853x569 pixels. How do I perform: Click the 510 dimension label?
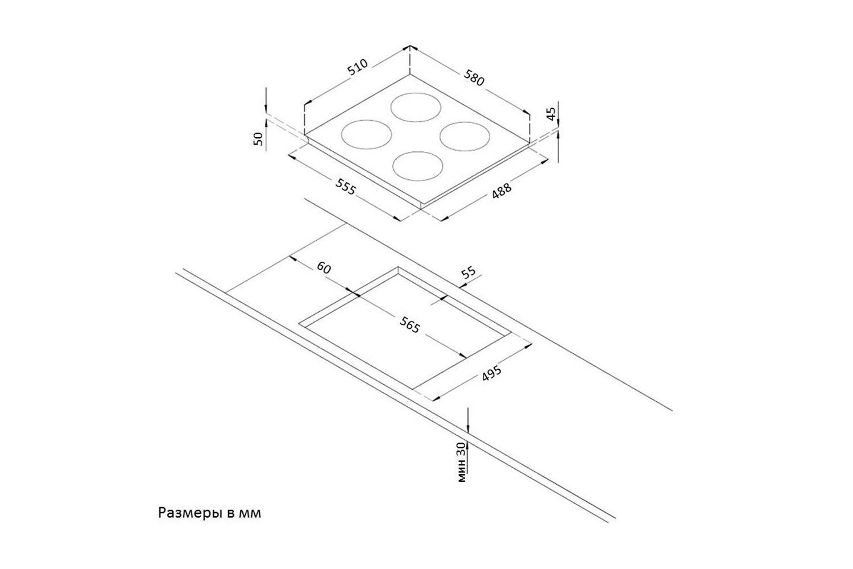tap(358, 68)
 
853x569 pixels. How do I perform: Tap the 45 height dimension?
tap(550, 114)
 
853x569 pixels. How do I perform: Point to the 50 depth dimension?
tap(259, 139)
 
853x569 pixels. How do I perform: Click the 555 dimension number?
tap(346, 186)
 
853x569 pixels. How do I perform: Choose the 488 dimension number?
tap(502, 191)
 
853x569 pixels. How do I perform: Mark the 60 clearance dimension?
tap(323, 267)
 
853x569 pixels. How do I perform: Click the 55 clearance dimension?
tap(469, 273)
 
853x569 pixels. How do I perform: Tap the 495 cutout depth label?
tap(491, 373)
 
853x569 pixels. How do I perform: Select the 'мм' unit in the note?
tap(250, 513)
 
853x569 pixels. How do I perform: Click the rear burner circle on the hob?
tap(417, 107)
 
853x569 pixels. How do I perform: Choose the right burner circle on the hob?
tap(465, 137)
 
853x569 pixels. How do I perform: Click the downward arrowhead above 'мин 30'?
tap(467, 427)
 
